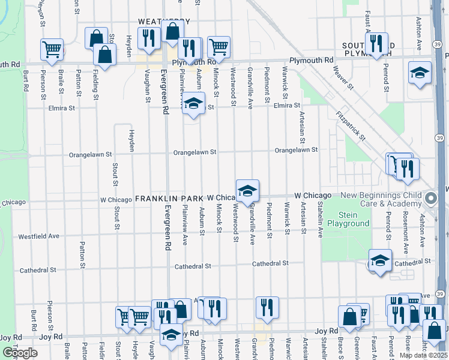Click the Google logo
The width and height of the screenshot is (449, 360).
[20, 353]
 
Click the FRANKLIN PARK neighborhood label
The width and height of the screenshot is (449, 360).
[170, 197]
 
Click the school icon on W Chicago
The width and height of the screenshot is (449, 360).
[247, 191]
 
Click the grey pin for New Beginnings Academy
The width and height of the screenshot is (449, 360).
[430, 198]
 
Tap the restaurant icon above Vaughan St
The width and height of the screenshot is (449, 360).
[148, 38]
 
